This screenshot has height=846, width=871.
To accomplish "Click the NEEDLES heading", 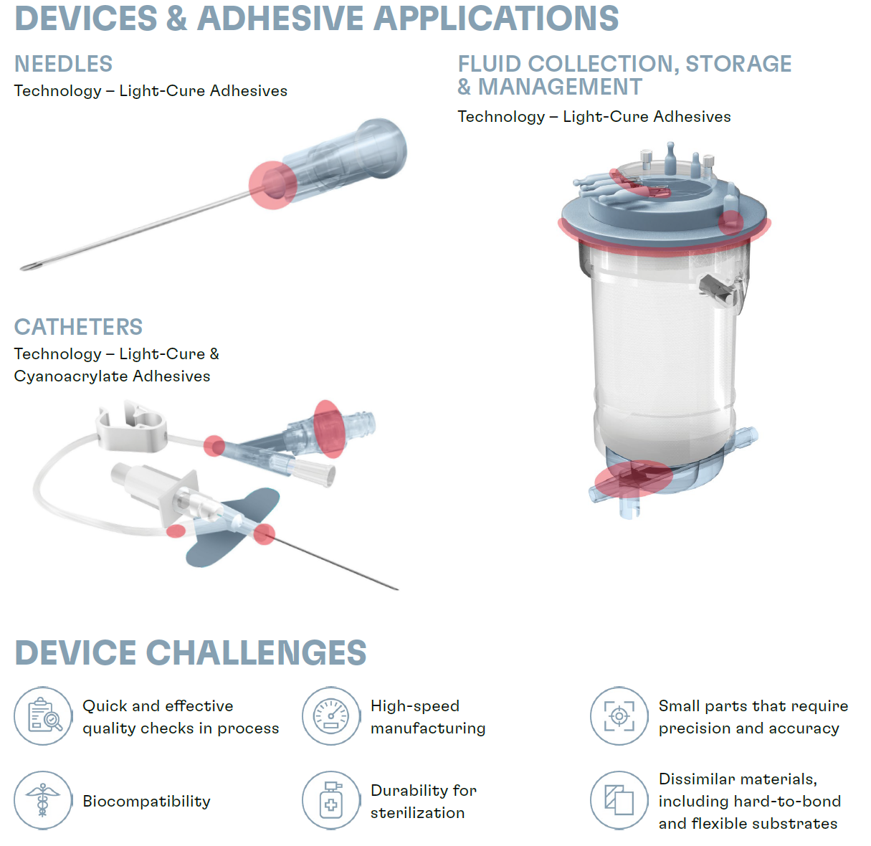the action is [63, 64].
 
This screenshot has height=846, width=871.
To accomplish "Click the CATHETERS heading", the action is [78, 327].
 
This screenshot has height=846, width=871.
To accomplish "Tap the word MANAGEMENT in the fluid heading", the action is [560, 86].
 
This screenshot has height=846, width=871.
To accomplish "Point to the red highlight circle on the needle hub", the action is [272, 185].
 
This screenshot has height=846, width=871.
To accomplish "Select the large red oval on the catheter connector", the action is [329, 429].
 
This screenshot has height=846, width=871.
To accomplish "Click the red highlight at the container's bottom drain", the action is [633, 478].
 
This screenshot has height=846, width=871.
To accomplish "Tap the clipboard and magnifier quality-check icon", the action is [43, 716].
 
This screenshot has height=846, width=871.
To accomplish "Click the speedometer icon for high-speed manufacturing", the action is [330, 716].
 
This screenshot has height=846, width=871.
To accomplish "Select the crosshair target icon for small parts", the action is [619, 716].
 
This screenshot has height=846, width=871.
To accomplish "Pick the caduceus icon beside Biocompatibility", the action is [43, 800].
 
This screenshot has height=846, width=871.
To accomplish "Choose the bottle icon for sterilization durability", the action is [330, 800].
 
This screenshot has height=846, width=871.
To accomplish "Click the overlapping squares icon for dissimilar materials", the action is [619, 800].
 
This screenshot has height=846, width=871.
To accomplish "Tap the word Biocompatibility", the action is [146, 802].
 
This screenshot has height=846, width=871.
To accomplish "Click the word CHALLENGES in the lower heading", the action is [256, 652].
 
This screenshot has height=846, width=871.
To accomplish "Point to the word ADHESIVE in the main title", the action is [280, 19].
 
